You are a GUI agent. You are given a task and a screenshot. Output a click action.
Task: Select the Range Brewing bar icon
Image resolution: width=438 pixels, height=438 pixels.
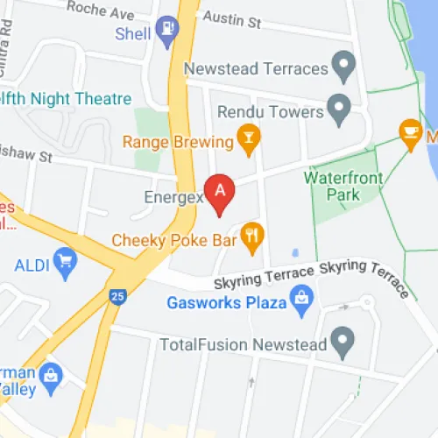point(250,138)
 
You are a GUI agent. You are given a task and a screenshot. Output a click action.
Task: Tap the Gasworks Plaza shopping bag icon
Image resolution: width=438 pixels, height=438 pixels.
point(302,301)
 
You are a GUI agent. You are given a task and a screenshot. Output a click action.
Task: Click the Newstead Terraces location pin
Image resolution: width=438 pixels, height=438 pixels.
point(344,64)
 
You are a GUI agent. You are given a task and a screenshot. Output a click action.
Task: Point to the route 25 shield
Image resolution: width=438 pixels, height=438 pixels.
point(116,298)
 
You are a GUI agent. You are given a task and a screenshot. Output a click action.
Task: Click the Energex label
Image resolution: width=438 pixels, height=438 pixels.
point(173,198)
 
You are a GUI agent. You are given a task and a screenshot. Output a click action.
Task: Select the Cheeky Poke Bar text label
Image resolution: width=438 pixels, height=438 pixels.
point(174,239)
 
